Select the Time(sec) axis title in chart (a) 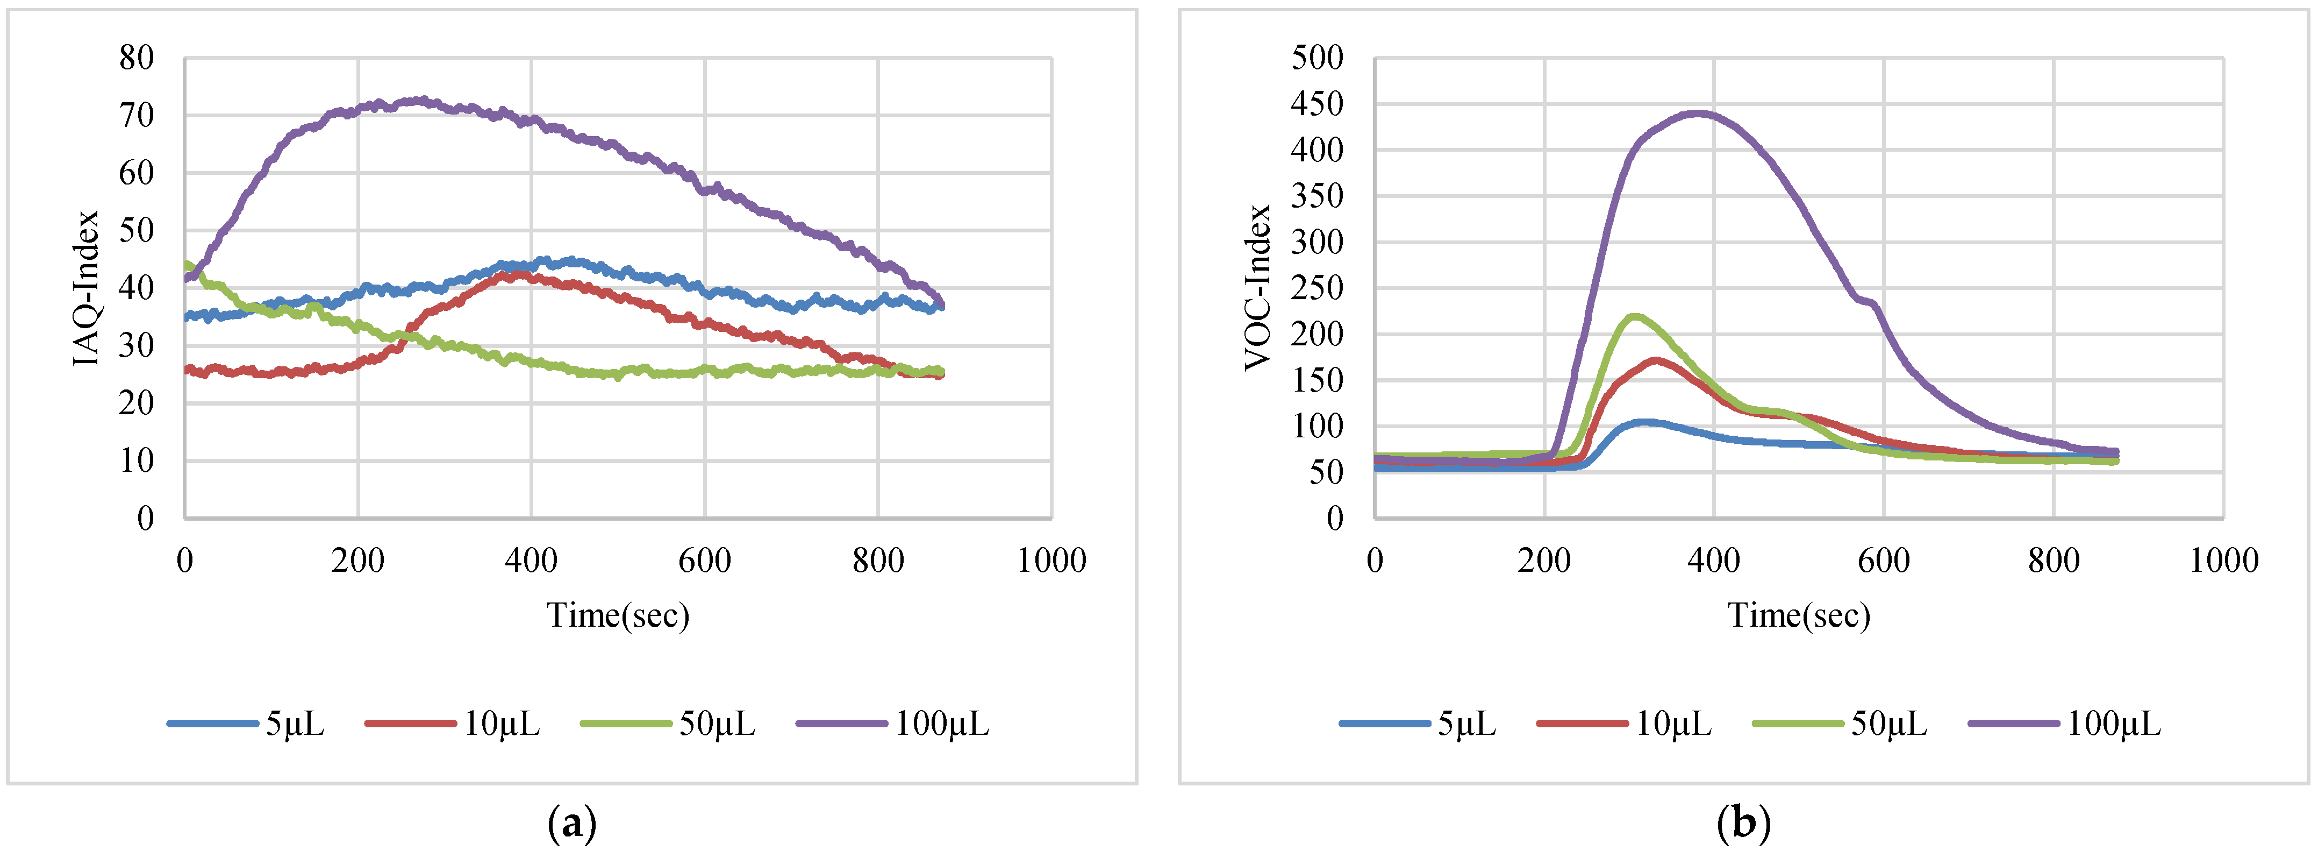pyautogui.click(x=618, y=616)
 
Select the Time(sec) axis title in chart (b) pyautogui.click(x=1799, y=616)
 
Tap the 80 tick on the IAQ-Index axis pyautogui.click(x=137, y=59)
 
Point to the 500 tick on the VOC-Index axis pyautogui.click(x=1317, y=59)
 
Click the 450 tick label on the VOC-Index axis pyautogui.click(x=1317, y=104)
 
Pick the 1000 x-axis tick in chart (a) pyautogui.click(x=1051, y=561)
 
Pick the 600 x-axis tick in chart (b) pyautogui.click(x=1884, y=561)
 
